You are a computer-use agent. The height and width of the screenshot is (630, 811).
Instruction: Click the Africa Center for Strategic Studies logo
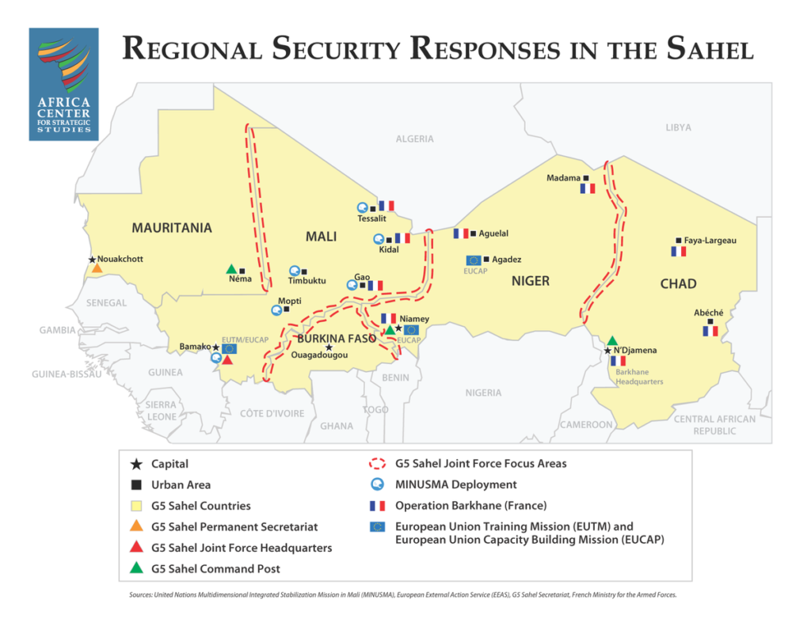pyautogui.click(x=63, y=84)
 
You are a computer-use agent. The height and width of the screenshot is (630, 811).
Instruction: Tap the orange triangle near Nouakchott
pyautogui.click(x=97, y=268)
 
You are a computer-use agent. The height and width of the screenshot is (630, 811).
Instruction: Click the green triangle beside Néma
pyautogui.click(x=231, y=269)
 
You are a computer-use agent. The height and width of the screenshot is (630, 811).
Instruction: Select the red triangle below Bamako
pyautogui.click(x=227, y=360)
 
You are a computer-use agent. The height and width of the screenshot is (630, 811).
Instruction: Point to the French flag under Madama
pyautogui.click(x=587, y=188)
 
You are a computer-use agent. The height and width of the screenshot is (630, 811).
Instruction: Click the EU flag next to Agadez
pyautogui.click(x=474, y=260)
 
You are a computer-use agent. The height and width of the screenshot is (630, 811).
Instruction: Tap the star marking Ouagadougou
pyautogui.click(x=329, y=347)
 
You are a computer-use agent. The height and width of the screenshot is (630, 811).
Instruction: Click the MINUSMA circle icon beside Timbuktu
pyautogui.click(x=294, y=271)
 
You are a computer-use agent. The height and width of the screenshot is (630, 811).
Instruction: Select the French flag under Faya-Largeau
pyautogui.click(x=678, y=251)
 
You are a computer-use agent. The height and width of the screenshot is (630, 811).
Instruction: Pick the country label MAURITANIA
pyautogui.click(x=172, y=228)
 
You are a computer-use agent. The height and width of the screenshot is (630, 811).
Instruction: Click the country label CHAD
pyautogui.click(x=678, y=283)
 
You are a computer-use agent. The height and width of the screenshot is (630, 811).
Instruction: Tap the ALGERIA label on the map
pyautogui.click(x=415, y=139)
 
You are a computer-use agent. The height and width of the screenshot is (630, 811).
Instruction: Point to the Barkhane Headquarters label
pyautogui.click(x=639, y=376)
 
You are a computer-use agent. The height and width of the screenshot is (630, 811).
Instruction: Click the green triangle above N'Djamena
pyautogui.click(x=611, y=340)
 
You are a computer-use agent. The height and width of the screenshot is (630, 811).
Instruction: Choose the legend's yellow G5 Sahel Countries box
pyautogui.click(x=136, y=506)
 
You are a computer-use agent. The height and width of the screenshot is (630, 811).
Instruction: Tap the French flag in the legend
pyautogui.click(x=377, y=506)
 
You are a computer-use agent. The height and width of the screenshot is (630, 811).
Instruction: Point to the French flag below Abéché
pyautogui.click(x=710, y=331)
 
